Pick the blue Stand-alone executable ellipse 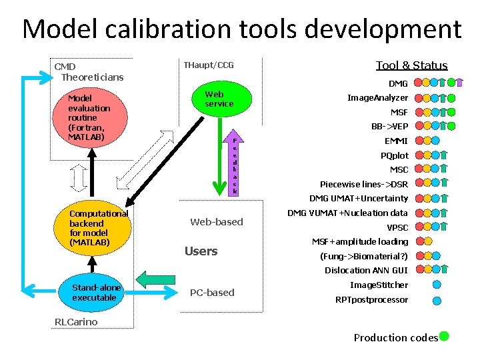pyautogui.click(x=96, y=293)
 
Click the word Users pyautogui.click(x=201, y=251)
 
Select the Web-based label pyautogui.click(x=217, y=222)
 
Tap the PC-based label pyautogui.click(x=212, y=293)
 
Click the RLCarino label pyautogui.click(x=75, y=322)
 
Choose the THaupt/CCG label pyautogui.click(x=208, y=65)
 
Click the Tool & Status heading pyautogui.click(x=411, y=65)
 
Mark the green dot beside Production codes pyautogui.click(x=444, y=337)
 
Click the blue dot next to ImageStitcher pyautogui.click(x=437, y=285)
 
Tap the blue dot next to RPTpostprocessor pyautogui.click(x=437, y=300)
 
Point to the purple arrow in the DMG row pyautogui.click(x=459, y=83)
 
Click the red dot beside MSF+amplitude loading pyautogui.click(x=420, y=242)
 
